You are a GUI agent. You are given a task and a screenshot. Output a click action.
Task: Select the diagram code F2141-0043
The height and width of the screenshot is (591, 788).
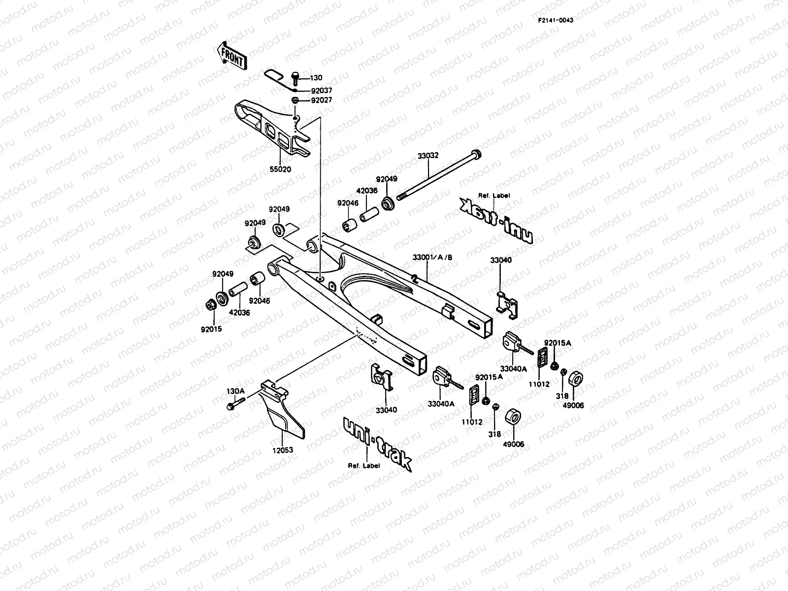click(x=555, y=21)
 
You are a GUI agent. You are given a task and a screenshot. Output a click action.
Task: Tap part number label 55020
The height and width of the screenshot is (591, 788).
click(x=280, y=169)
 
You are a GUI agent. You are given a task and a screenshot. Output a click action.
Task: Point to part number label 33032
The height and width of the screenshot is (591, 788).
click(x=428, y=156)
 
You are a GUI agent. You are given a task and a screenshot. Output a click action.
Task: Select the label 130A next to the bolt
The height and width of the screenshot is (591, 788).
click(x=235, y=391)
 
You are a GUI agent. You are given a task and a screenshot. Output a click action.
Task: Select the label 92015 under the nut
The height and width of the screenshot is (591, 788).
click(x=211, y=328)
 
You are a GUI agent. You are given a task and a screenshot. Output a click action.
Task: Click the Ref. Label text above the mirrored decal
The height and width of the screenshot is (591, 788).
click(x=494, y=196)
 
